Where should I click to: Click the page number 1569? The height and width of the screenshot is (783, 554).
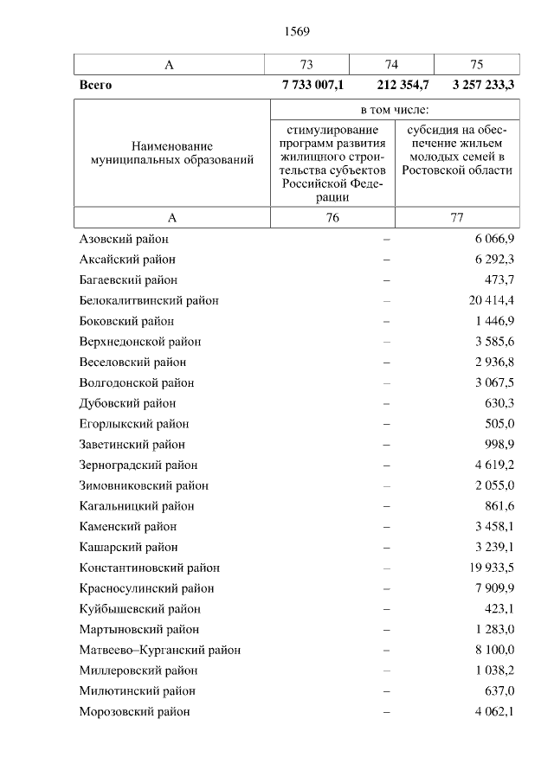[296, 32]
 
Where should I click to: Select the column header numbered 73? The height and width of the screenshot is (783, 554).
[306, 65]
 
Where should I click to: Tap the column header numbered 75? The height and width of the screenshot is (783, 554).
[476, 65]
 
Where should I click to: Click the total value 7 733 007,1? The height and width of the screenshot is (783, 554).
[312, 86]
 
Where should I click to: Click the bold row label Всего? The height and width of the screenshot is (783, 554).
[95, 86]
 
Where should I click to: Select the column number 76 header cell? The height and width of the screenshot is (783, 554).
[332, 218]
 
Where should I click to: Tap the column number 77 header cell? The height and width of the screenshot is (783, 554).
[457, 218]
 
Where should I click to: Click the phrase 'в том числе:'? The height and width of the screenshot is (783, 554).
[395, 110]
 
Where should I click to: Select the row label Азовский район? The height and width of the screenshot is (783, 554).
[123, 239]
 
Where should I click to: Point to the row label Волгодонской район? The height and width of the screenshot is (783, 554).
[136, 382]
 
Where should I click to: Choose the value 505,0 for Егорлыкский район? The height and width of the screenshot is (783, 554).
[500, 424]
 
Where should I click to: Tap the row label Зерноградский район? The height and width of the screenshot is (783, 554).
[138, 465]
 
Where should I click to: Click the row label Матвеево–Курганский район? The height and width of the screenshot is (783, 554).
[159, 650]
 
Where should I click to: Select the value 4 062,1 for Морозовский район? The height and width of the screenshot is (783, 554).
[495, 711]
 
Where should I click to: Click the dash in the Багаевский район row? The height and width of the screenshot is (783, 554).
[386, 279]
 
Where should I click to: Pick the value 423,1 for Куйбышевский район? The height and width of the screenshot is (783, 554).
[500, 609]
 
